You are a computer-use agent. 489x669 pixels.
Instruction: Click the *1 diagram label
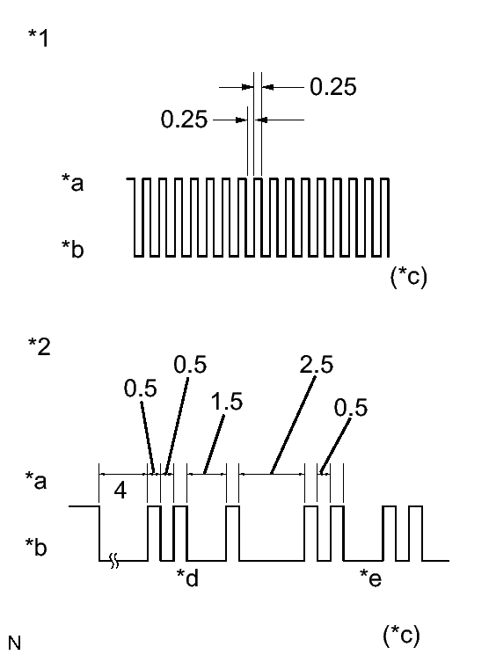pos(39,38)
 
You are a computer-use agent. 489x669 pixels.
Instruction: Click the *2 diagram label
pos(40,346)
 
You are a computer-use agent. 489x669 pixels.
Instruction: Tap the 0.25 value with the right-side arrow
pos(332,87)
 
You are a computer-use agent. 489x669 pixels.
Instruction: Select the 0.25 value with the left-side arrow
pos(184,119)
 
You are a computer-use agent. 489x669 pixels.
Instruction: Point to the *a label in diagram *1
pos(72,182)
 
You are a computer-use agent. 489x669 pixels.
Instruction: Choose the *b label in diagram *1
pos(72,249)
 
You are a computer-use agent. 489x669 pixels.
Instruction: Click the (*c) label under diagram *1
pos(408,276)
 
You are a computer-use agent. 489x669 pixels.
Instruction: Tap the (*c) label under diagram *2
pos(401,636)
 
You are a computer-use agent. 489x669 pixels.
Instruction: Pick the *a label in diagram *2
pos(36,480)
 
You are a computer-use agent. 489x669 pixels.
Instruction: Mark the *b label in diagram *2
pos(36,547)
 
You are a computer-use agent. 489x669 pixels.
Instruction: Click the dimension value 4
pos(120,491)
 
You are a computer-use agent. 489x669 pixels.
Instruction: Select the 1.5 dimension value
pos(227,402)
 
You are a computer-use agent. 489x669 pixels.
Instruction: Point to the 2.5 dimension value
pos(317,364)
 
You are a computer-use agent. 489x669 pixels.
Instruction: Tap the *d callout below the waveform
pos(187,578)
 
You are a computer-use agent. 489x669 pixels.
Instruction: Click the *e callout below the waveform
pos(370,578)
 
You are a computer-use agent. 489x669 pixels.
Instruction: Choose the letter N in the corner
pos(14,642)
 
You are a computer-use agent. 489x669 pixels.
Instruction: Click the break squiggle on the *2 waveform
pos(114,561)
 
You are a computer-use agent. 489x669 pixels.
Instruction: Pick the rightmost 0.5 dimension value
pos(350,407)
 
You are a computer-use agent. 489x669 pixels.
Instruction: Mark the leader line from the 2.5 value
pos(293,425)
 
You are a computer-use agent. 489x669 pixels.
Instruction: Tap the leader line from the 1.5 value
pos(215,444)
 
